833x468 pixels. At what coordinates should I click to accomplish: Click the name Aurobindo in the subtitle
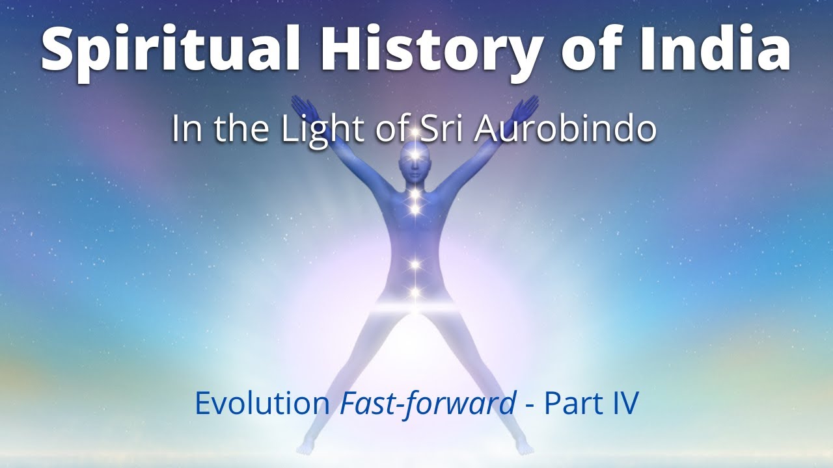[565, 129]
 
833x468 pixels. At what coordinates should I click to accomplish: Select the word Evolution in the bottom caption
[262, 404]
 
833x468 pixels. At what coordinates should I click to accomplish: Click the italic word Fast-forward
[428, 404]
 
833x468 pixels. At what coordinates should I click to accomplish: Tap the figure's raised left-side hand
[303, 109]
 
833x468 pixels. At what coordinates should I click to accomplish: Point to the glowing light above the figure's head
[415, 133]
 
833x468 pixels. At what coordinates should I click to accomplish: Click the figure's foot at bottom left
[306, 449]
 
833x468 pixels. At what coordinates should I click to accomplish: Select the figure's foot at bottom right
[524, 448]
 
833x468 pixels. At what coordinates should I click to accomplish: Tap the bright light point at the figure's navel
[415, 265]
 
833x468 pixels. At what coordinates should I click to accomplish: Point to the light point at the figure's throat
[415, 193]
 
